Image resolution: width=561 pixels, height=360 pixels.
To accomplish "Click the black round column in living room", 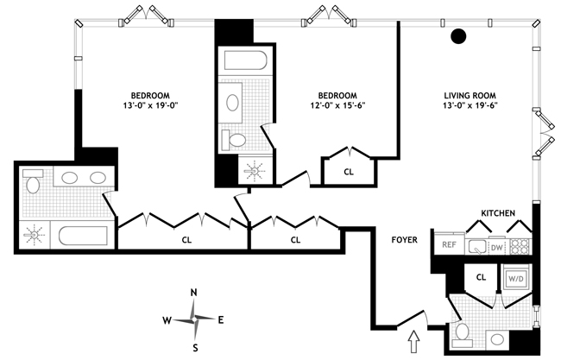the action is click(459, 36).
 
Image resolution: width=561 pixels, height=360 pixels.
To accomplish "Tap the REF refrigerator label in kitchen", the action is click(448, 245).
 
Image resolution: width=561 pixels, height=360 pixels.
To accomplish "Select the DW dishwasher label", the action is click(495, 246).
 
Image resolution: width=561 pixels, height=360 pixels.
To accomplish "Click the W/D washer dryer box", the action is click(516, 279).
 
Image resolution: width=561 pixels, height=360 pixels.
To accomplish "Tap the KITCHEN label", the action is click(498, 212).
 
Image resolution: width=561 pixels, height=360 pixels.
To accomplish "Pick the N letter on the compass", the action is click(195, 293).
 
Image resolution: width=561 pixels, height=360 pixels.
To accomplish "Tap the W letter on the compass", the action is click(167, 320).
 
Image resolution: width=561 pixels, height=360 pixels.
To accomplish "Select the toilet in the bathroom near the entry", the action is click(461, 332).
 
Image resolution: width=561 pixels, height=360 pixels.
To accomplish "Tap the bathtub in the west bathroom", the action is click(82, 235).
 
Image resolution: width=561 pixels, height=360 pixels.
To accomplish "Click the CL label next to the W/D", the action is click(482, 278).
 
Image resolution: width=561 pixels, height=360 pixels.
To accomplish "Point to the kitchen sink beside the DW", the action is click(476, 246).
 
